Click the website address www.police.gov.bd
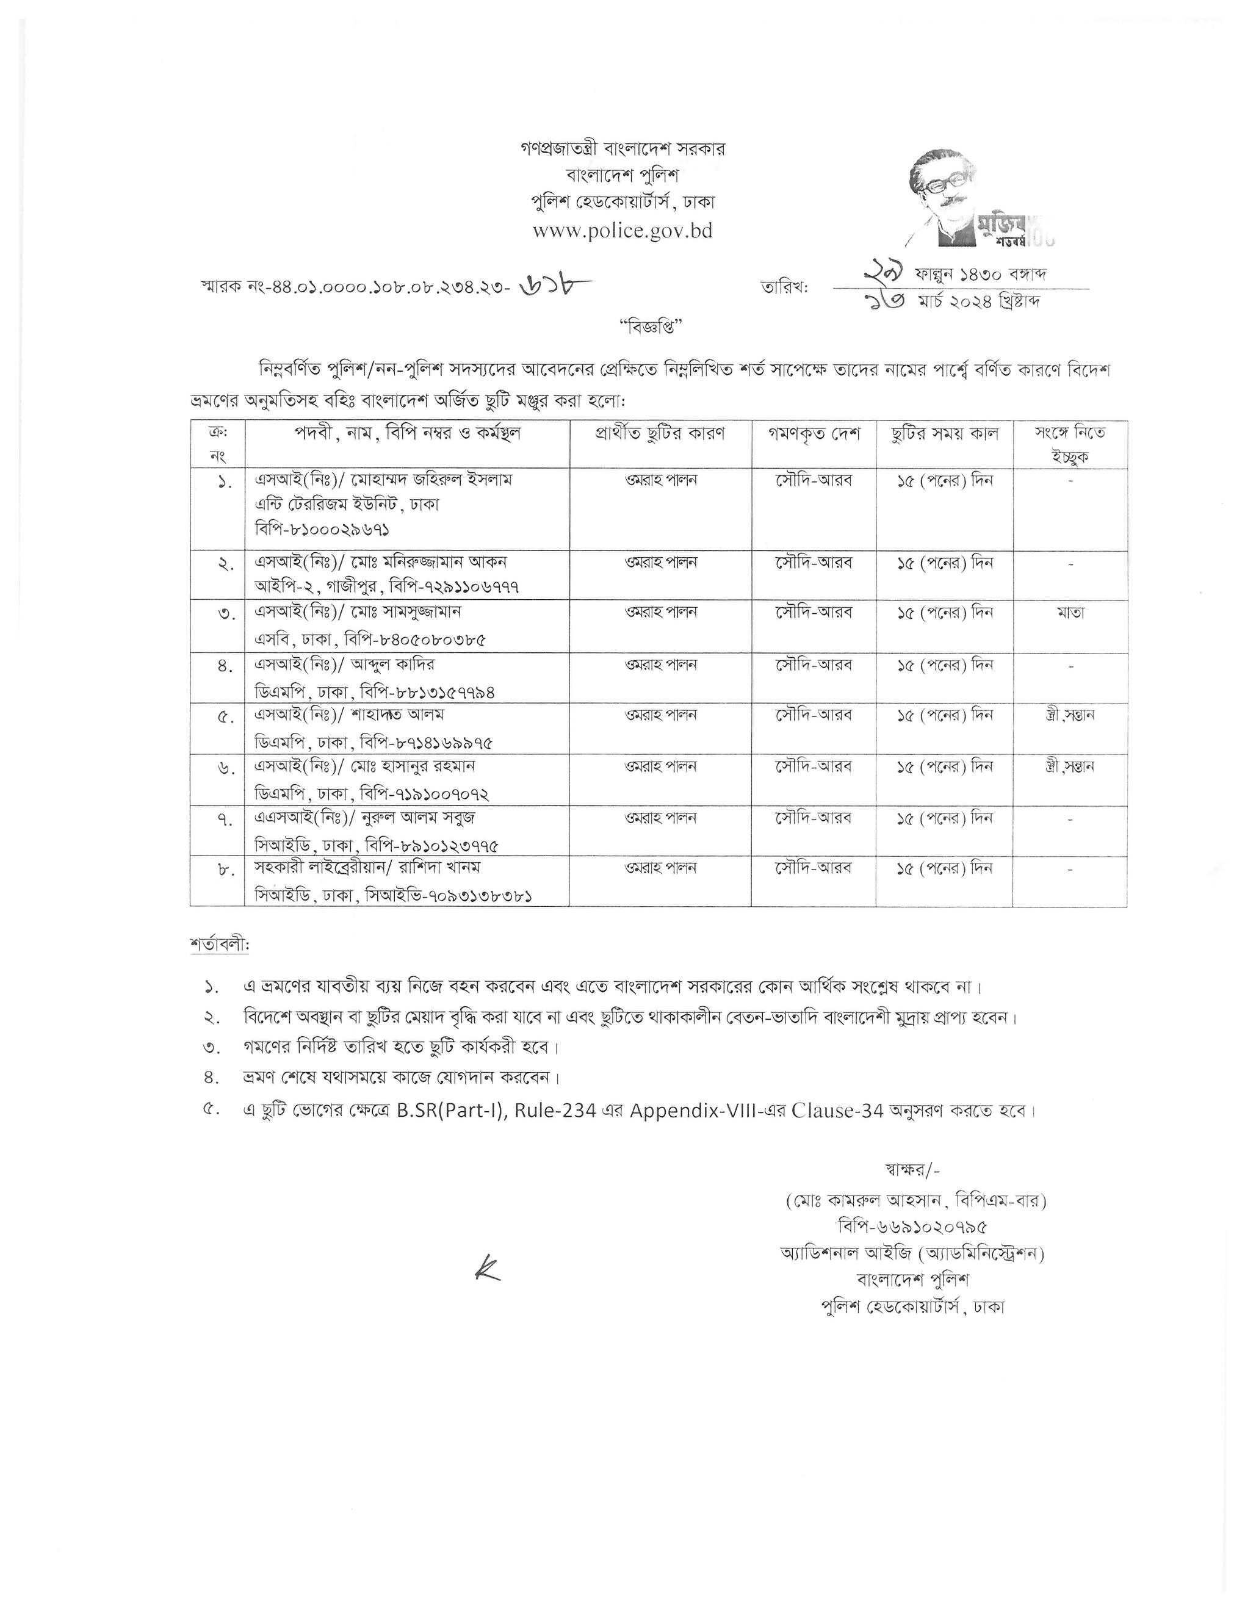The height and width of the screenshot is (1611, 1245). pos(622,231)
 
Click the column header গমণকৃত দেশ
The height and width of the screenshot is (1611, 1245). pos(814,434)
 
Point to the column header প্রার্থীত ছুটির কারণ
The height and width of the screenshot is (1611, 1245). pos(660,434)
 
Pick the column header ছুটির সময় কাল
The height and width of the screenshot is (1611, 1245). pos(944,434)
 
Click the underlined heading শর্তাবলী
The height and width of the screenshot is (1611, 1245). pos(219,945)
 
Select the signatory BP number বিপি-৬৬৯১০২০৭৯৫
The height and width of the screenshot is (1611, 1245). pos(913,1227)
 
